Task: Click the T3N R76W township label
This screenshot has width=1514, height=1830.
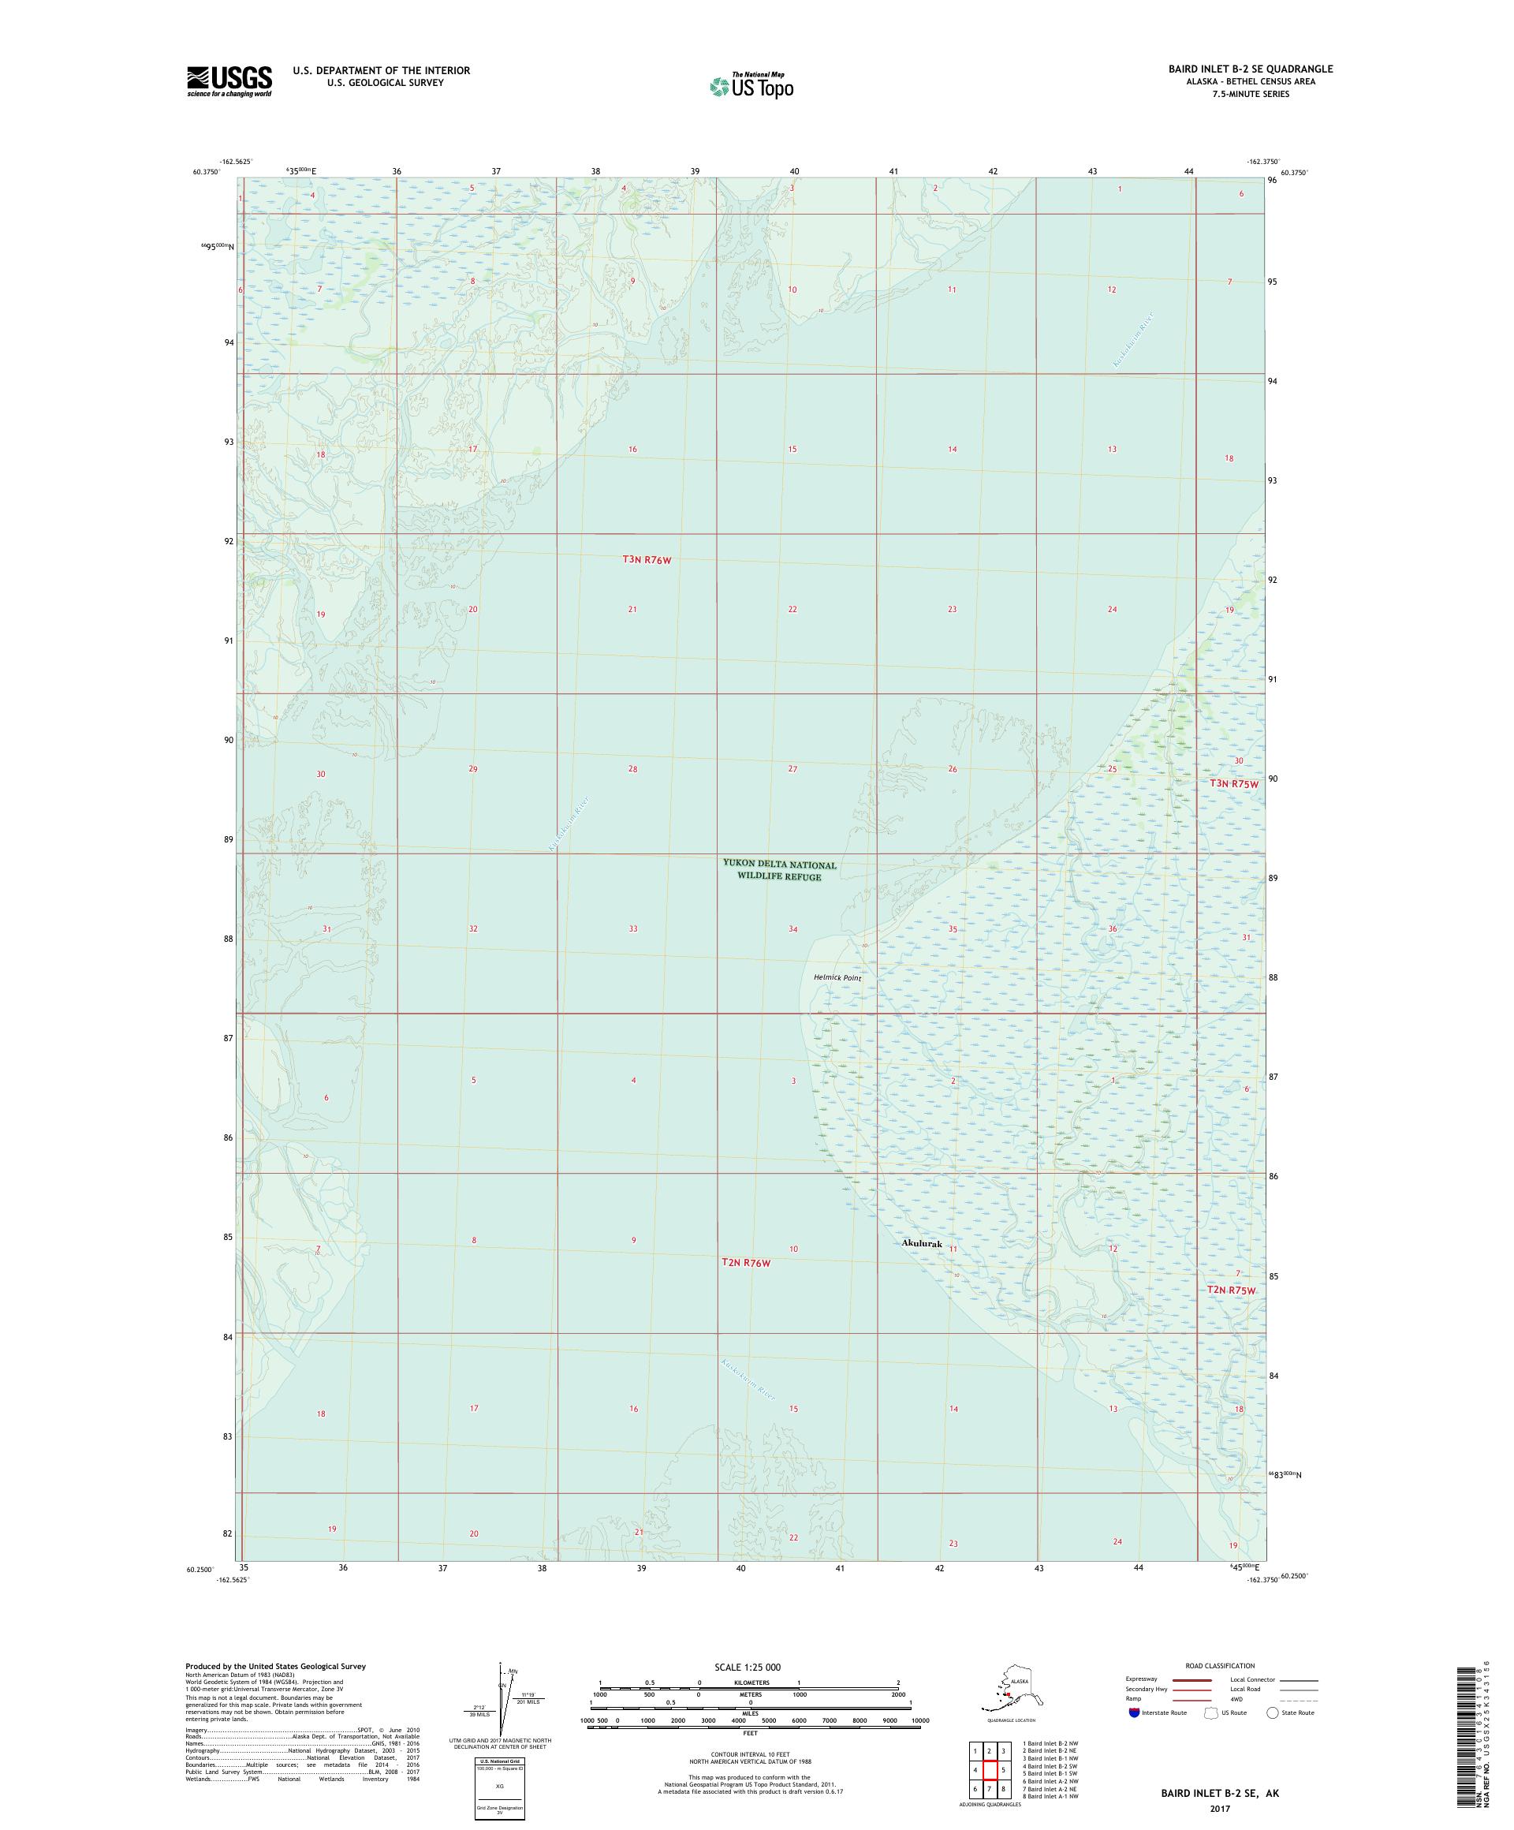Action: click(x=647, y=559)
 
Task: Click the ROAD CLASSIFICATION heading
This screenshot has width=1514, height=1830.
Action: click(x=1220, y=1665)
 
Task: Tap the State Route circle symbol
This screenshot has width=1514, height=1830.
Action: click(x=1273, y=1712)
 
